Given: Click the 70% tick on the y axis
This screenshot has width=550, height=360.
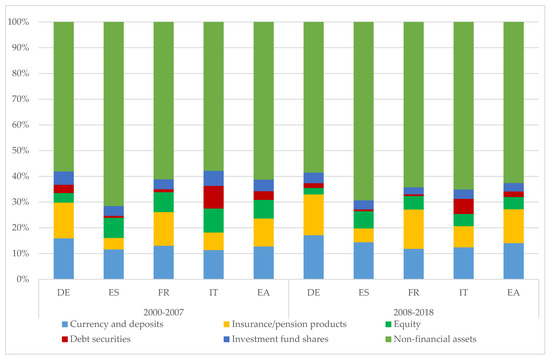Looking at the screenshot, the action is click(x=18, y=99).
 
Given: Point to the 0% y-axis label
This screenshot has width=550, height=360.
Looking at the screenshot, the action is click(x=21, y=279).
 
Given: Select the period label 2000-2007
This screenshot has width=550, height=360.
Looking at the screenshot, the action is click(x=163, y=312).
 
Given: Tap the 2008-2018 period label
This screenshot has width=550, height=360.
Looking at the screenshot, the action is click(x=413, y=312).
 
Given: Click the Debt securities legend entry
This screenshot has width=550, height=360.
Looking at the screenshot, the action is click(x=96, y=339).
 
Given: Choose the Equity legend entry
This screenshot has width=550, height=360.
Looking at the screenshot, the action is click(x=403, y=324).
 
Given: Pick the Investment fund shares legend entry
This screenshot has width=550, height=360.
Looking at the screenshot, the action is click(x=276, y=339).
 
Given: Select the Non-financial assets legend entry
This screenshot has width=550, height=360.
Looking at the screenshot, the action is click(x=431, y=339).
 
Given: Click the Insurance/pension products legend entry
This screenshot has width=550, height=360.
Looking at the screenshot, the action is click(x=285, y=324).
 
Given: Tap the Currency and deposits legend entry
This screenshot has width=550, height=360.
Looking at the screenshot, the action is click(x=112, y=324).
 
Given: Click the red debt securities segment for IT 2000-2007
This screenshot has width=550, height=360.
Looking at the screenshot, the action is click(x=214, y=197).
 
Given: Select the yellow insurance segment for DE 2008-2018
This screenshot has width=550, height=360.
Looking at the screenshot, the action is click(x=314, y=215).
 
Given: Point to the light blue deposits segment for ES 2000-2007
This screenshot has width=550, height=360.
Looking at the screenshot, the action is click(x=114, y=264).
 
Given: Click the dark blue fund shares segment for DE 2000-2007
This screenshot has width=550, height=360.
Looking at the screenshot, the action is click(x=64, y=178).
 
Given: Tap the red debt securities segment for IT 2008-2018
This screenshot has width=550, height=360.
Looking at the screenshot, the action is click(x=463, y=207).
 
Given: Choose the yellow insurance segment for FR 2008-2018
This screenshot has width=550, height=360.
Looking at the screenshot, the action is click(x=414, y=229).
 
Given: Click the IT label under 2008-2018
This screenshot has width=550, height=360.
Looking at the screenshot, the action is click(x=463, y=292).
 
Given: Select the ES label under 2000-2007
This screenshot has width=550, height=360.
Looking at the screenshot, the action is click(x=114, y=292).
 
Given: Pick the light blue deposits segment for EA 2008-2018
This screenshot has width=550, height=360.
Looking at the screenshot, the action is click(x=514, y=261).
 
